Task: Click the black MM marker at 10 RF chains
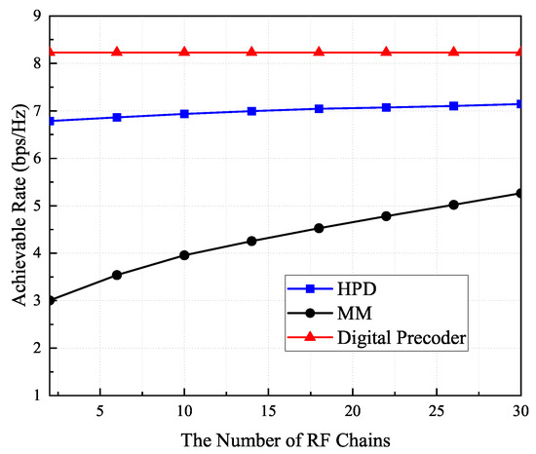(x=184, y=255)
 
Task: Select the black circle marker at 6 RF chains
(x=117, y=275)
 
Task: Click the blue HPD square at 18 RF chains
(x=319, y=108)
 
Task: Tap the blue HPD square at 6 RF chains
(x=117, y=117)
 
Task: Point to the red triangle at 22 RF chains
(x=386, y=52)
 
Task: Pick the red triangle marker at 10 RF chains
(x=184, y=52)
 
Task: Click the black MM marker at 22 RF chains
(x=386, y=216)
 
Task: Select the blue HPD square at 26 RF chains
(x=453, y=105)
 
